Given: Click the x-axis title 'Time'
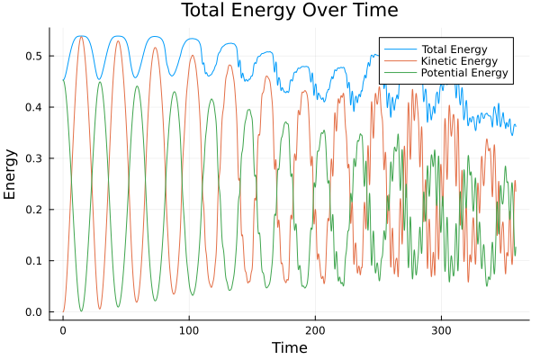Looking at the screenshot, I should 289,347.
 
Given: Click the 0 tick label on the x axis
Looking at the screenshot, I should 63,330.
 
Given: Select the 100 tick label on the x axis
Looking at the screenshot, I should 189,330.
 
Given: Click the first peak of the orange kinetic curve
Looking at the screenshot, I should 81,36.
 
